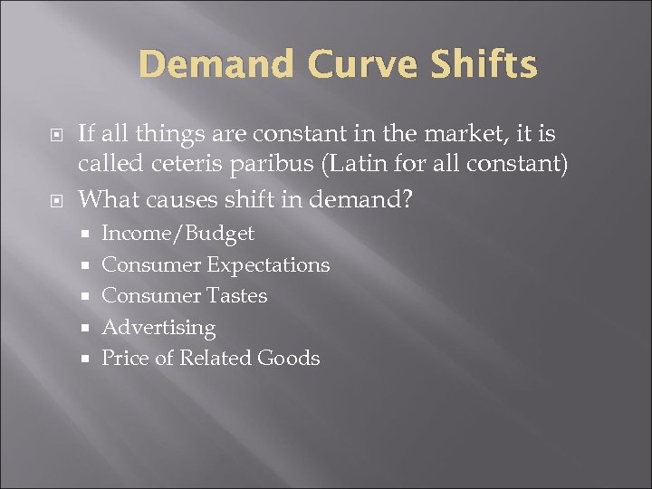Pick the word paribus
[292, 167]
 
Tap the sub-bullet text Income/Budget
[177, 234]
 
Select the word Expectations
[268, 265]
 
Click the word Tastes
[236, 295]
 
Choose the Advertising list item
[158, 327]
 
